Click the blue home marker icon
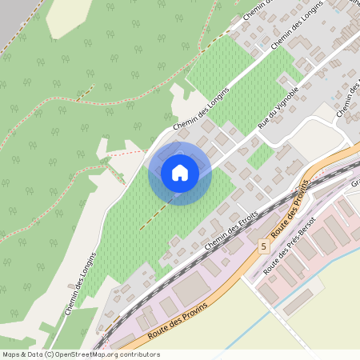point(180,173)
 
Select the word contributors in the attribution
point(136,354)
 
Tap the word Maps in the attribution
point(11,354)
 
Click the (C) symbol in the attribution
point(49,354)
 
